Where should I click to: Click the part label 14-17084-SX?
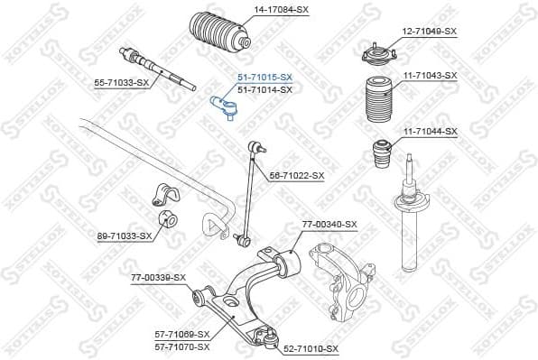[x=281, y=9]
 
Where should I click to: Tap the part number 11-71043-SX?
[x=430, y=76]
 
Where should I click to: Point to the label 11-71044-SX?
[x=430, y=132]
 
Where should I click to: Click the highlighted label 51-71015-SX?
[x=264, y=78]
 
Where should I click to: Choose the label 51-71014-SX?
[x=264, y=90]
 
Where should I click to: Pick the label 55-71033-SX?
[x=122, y=83]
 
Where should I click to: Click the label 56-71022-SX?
[x=296, y=175]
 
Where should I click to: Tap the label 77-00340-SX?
[x=329, y=224]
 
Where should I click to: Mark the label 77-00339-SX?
[x=158, y=277]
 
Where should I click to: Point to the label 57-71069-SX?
[x=182, y=335]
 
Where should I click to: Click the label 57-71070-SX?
[x=182, y=346]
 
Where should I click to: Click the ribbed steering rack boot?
[x=218, y=36]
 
